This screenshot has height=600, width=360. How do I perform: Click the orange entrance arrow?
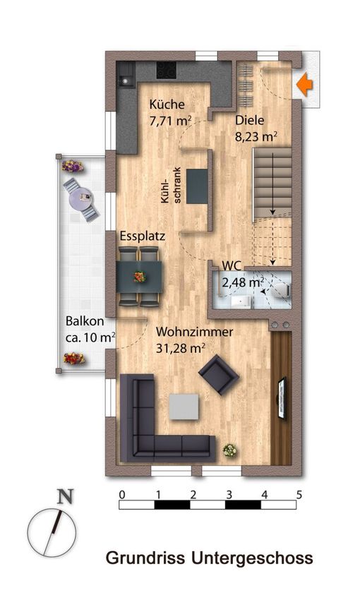(x=305, y=85)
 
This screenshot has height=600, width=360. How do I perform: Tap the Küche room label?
(x=167, y=104)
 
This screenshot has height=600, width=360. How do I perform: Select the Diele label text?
(x=249, y=120)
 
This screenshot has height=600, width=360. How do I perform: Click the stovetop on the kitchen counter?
(x=167, y=71)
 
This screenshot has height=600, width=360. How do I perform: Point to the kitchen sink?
(x=126, y=75)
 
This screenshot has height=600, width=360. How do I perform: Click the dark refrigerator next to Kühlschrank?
(x=197, y=186)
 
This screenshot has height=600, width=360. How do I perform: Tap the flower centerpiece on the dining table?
(x=139, y=277)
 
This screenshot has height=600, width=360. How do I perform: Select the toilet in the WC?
(x=281, y=290)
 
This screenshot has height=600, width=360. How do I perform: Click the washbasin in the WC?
(x=240, y=301)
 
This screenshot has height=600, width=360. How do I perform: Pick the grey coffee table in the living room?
(x=184, y=407)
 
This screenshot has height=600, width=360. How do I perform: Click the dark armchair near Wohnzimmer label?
(x=219, y=375)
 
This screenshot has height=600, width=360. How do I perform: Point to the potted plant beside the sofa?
(x=229, y=450)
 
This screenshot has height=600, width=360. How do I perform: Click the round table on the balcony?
(x=80, y=198)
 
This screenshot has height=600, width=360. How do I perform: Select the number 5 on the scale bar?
(x=299, y=495)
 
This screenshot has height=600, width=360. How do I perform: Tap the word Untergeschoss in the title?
(x=252, y=558)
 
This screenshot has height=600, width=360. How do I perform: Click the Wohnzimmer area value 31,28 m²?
(x=180, y=348)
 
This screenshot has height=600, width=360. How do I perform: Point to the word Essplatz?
(x=143, y=236)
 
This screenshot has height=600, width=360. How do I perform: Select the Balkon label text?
(x=85, y=321)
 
